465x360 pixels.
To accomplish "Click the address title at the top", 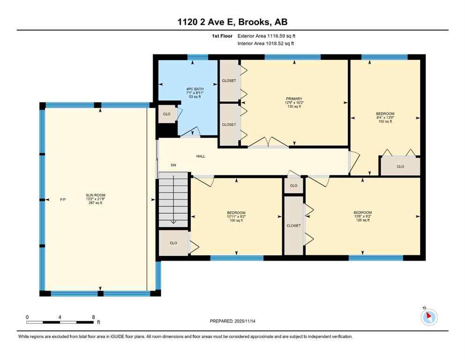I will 232,22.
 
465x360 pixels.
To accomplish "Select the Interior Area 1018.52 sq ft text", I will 266,44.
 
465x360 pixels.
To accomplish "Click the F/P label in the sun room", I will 63,200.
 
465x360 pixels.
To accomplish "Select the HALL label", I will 200,157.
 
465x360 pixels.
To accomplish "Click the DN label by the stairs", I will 173,165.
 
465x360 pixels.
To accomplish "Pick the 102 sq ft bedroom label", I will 385,117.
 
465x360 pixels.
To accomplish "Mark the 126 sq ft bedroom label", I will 362,216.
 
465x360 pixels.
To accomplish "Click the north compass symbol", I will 429,317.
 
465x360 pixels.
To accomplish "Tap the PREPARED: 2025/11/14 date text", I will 232,321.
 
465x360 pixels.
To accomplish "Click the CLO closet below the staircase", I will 173,243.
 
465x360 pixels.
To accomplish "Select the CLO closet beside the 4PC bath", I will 167,114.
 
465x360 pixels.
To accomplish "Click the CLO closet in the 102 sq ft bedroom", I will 400,166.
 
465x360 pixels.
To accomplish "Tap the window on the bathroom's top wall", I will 198,57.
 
